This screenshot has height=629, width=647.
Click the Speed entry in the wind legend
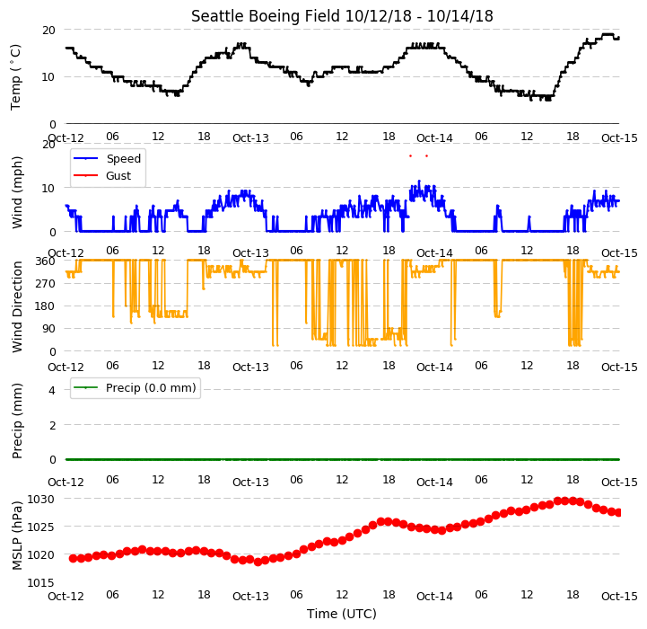tap(123, 159)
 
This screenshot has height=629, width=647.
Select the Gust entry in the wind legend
tap(118, 175)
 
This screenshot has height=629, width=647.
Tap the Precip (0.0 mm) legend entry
tap(151, 387)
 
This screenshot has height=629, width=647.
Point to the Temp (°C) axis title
tap(15, 77)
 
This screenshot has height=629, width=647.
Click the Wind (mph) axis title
tap(16, 192)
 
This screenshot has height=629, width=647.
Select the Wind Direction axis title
tap(16, 306)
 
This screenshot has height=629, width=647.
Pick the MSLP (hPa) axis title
tap(16, 536)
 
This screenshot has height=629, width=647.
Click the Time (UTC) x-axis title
tap(342, 614)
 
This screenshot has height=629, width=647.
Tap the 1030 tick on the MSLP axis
tap(40, 500)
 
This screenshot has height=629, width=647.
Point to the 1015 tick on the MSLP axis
tap(40, 582)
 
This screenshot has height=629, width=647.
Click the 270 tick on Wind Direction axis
tap(45, 284)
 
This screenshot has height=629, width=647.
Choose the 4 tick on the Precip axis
tap(51, 390)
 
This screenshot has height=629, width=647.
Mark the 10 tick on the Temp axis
tap(48, 77)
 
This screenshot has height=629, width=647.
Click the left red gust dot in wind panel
tap(410, 155)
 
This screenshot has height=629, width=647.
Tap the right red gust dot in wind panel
tap(426, 155)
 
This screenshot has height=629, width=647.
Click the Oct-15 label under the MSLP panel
tap(619, 596)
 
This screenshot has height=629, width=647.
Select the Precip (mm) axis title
tap(16, 421)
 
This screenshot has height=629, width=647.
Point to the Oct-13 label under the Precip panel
tap(250, 482)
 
